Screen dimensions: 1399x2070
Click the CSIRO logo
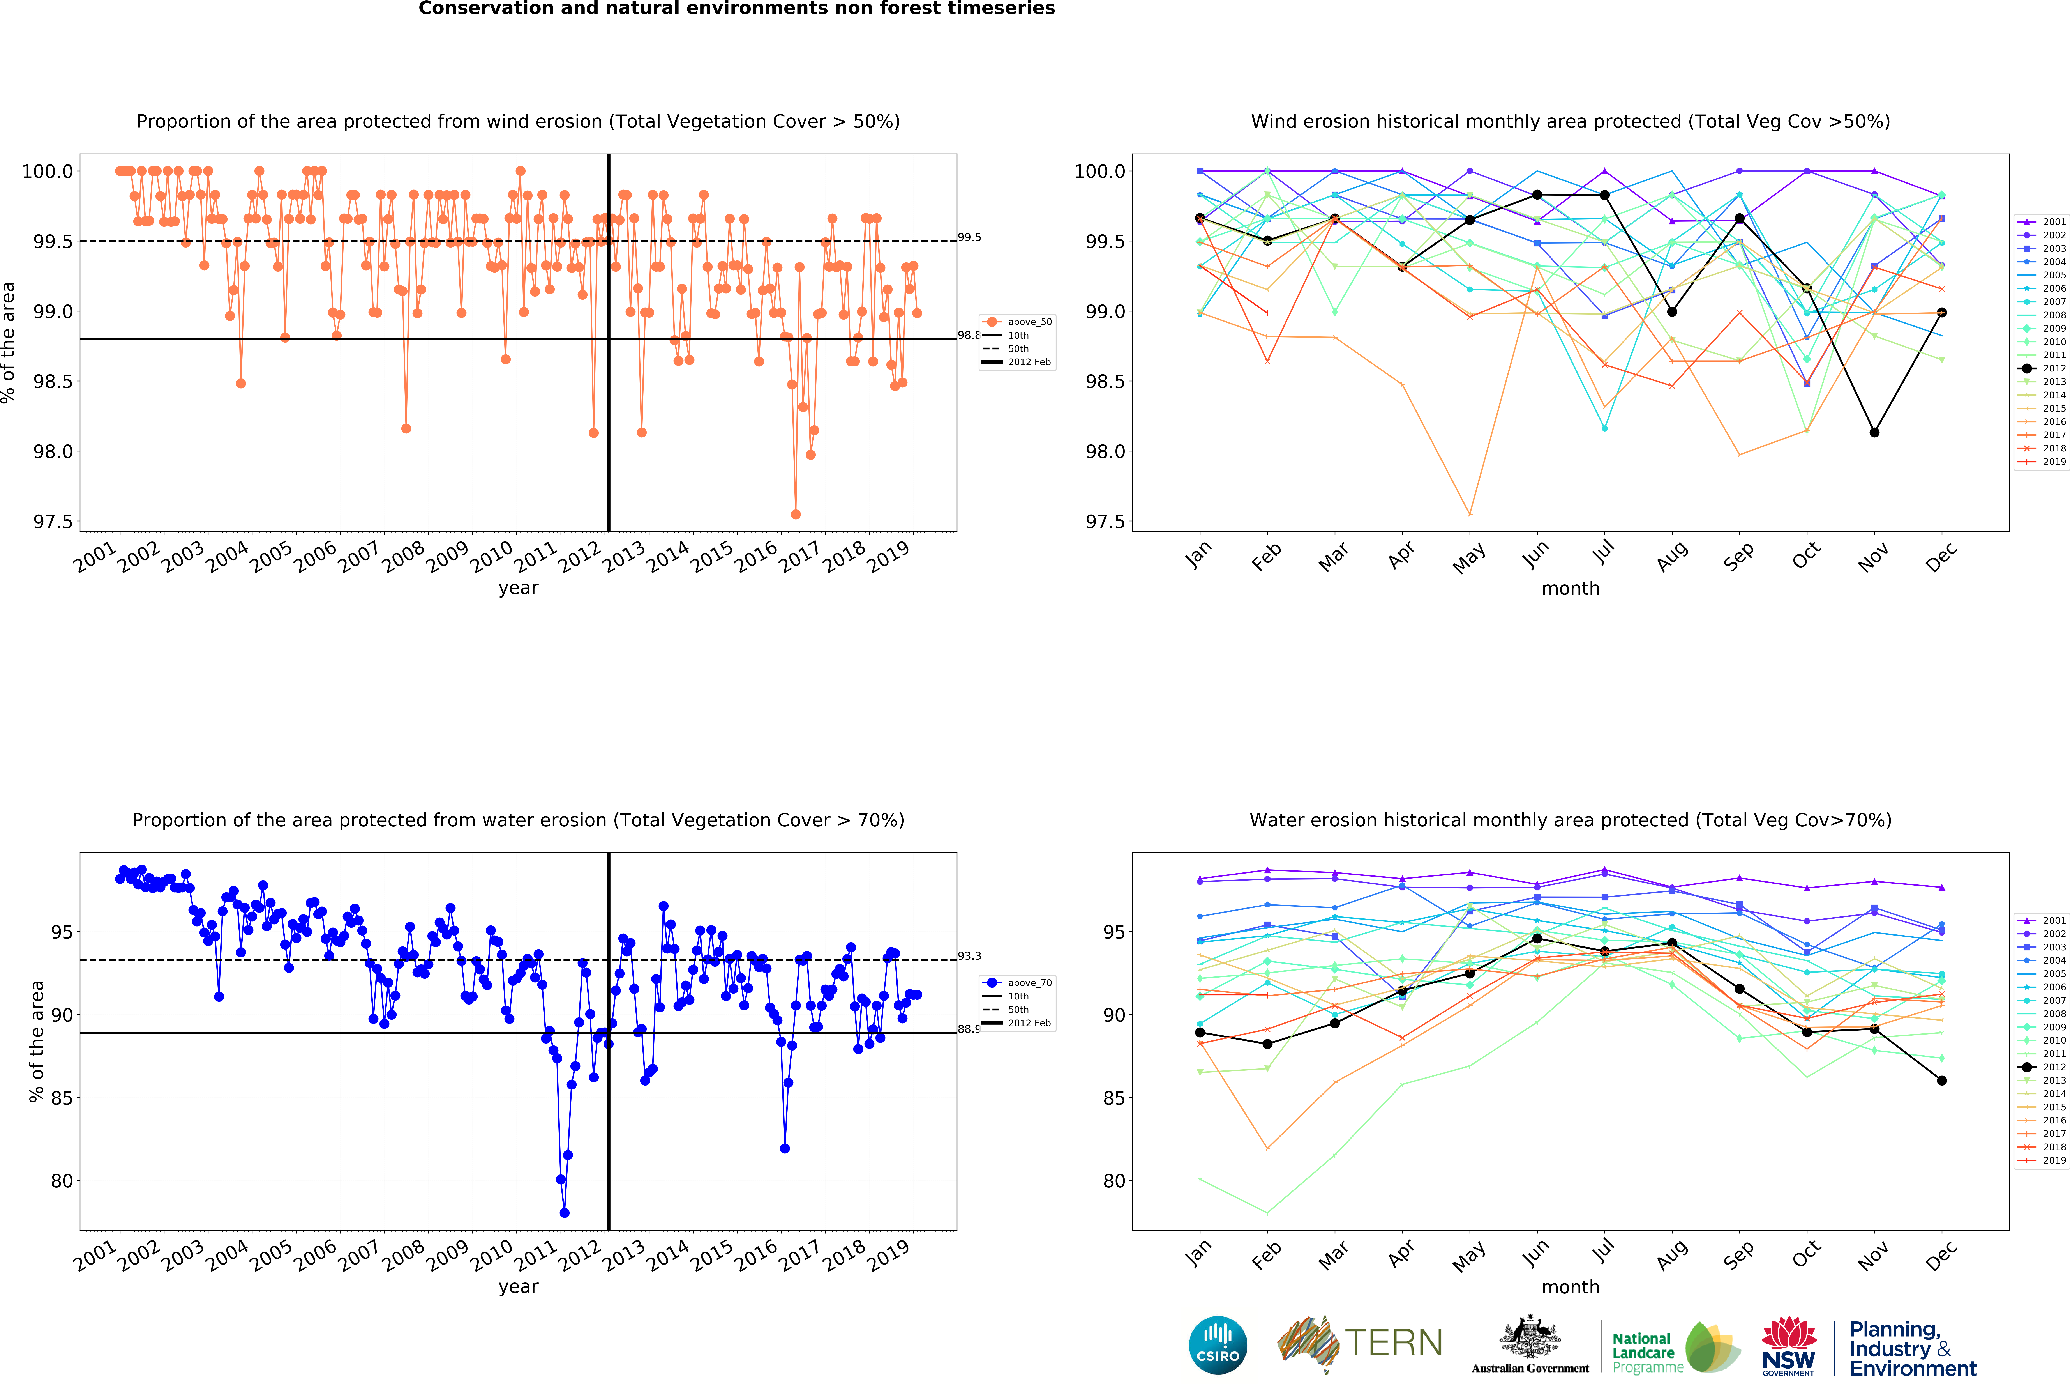point(1218,1345)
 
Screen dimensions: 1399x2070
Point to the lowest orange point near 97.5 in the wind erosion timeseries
point(795,514)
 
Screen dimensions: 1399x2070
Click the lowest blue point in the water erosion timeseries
point(564,1213)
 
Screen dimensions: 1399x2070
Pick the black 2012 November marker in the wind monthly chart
point(1874,432)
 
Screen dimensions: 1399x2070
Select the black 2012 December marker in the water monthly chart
point(1942,1081)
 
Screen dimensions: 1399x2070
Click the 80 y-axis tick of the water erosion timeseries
point(62,1181)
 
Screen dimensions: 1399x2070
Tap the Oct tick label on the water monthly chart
point(1806,1255)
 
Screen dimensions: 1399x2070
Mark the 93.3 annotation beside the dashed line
point(969,955)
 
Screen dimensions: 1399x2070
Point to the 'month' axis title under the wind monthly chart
point(1570,588)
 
